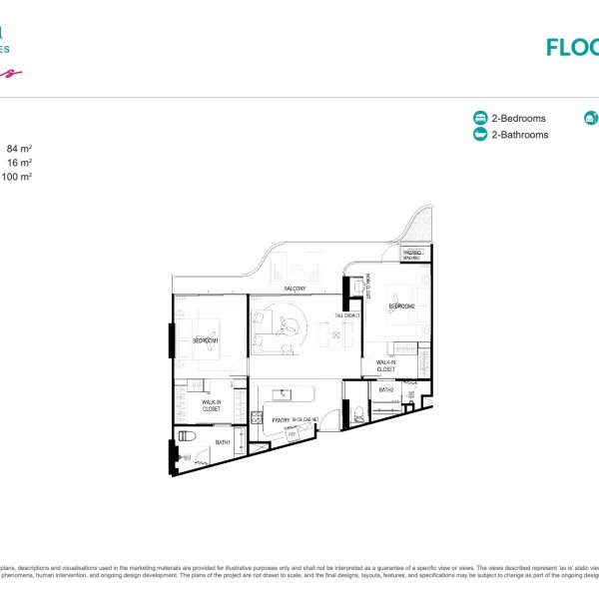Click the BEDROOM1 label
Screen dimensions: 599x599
pos(208,340)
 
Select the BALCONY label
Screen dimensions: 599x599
pos(295,289)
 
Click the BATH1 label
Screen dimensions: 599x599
pos(225,441)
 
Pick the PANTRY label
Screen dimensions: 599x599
pos(281,420)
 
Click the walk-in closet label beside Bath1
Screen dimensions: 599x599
pos(211,405)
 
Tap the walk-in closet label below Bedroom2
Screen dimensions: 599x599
pos(386,366)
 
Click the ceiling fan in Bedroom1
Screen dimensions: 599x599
pos(211,328)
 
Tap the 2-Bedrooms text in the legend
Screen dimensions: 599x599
pos(519,118)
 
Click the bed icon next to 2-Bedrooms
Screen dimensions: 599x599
pos(480,118)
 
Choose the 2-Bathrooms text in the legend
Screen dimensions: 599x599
pos(519,135)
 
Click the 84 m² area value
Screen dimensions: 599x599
pos(20,149)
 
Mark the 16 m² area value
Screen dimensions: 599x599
pos(20,162)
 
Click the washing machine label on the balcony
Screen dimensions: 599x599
pos(412,255)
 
